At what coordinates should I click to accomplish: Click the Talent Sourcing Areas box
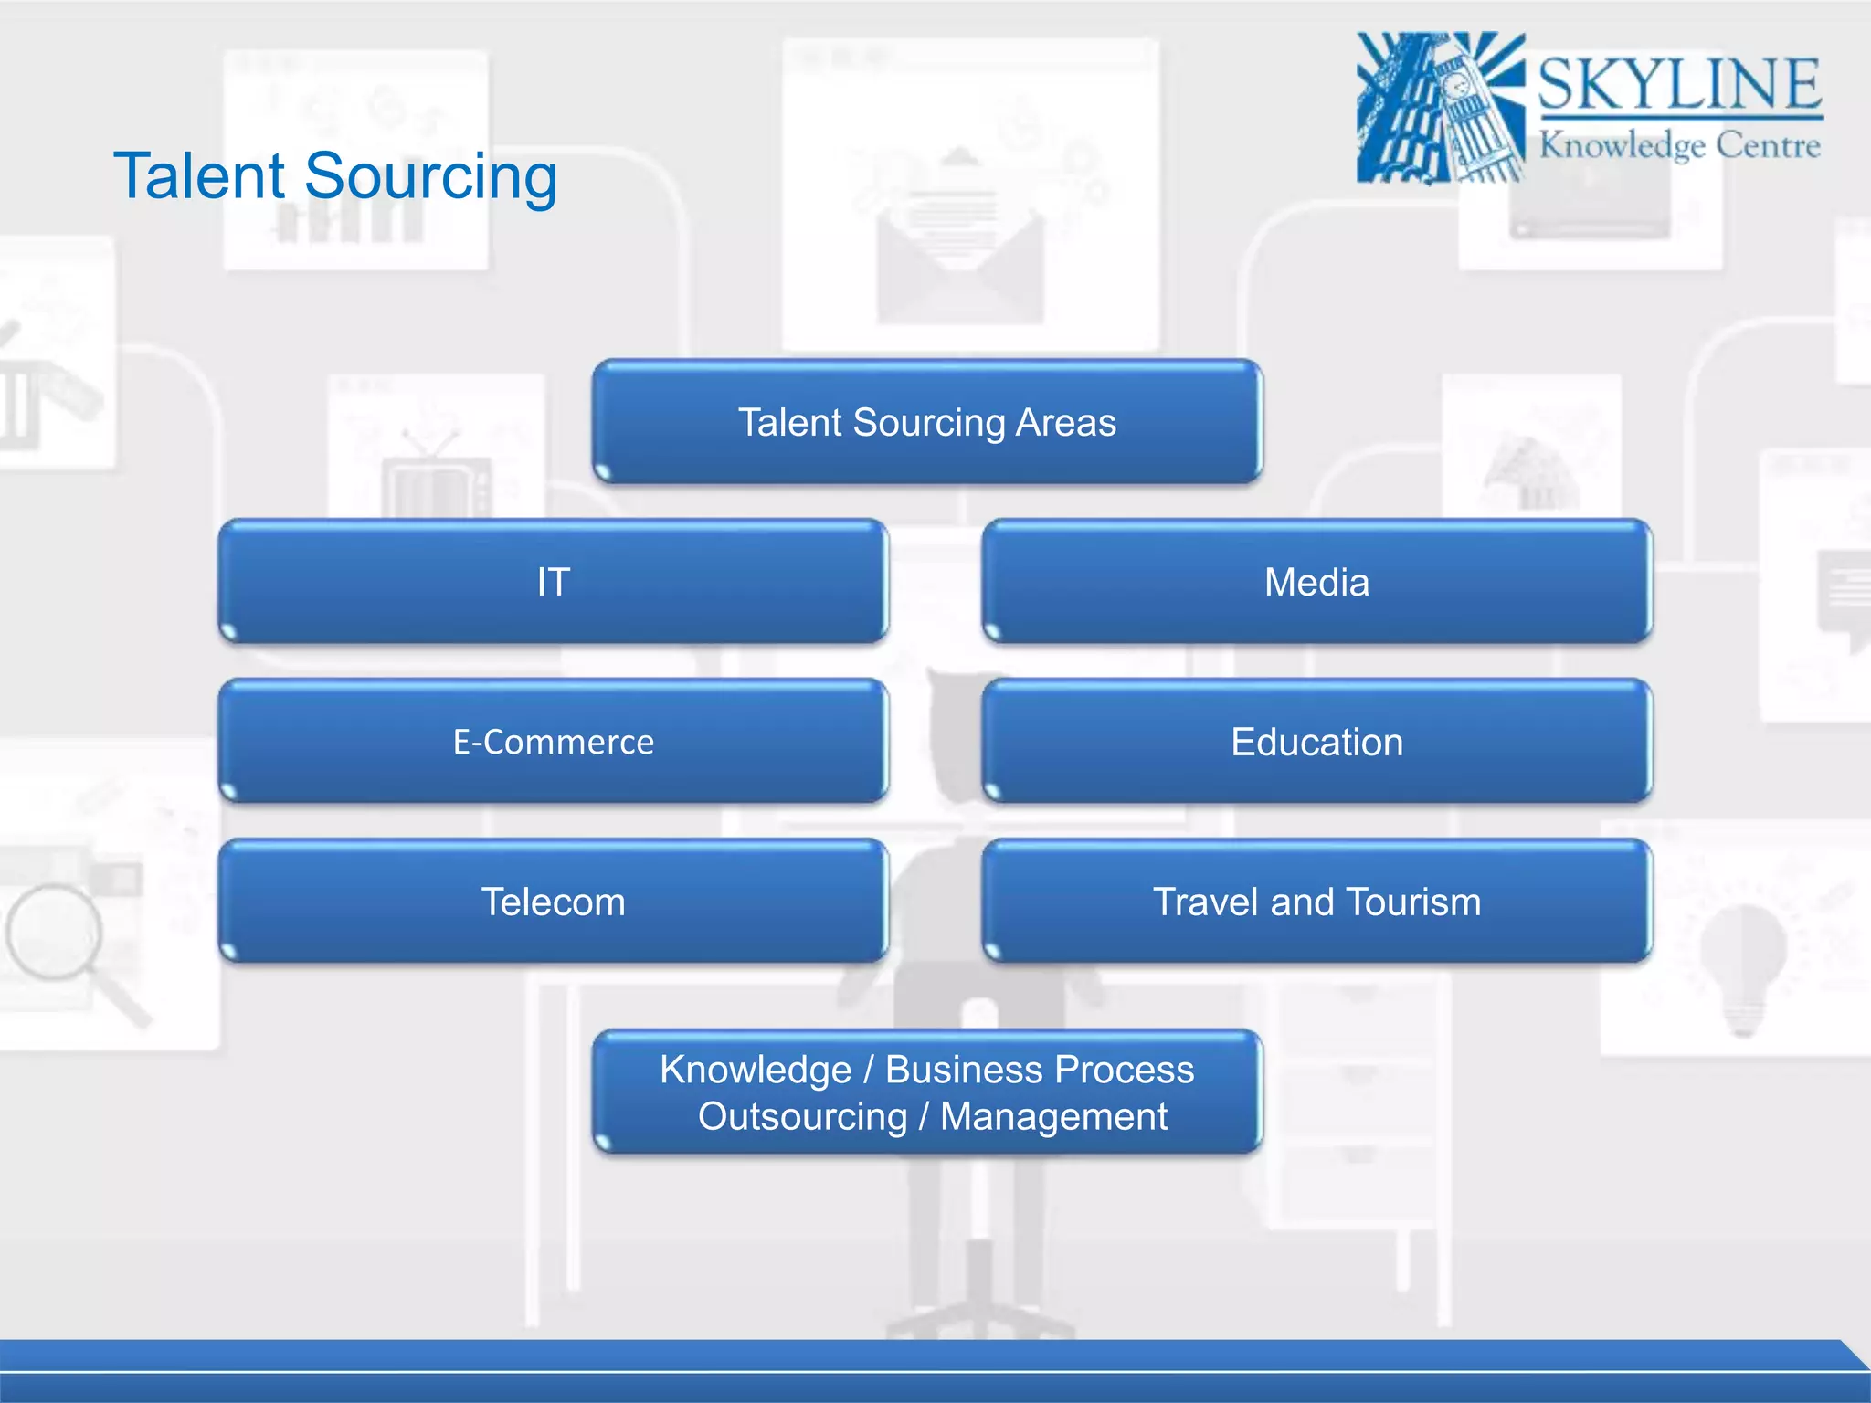pos(926,422)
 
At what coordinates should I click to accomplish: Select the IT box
pos(553,582)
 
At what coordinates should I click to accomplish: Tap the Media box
pos(1316,582)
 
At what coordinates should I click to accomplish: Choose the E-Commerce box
pos(553,742)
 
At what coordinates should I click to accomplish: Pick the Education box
pos(1316,742)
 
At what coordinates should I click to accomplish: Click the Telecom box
pos(553,902)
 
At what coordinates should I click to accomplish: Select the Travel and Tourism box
pos(1316,902)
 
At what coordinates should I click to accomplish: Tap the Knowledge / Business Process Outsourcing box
pos(926,1092)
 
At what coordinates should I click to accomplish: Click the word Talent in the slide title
pos(200,175)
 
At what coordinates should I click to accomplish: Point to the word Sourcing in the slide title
pos(430,177)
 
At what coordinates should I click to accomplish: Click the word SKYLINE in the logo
pos(1679,84)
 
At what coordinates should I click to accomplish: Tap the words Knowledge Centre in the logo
pos(1679,145)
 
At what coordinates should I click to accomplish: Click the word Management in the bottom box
pos(1053,1116)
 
